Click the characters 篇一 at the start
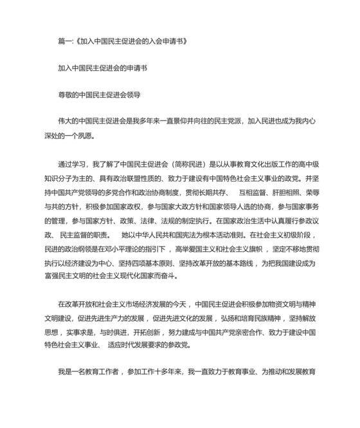[x=65, y=41]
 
